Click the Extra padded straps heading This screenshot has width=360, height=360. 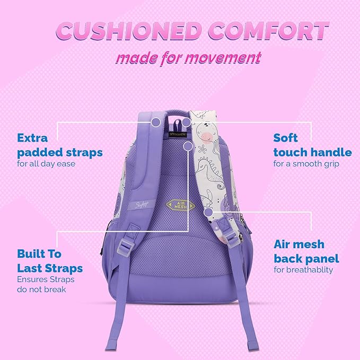point(59,145)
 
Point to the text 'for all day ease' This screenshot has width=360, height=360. point(46,164)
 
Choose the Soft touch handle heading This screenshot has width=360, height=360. point(312,145)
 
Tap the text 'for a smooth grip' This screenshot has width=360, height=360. point(306,164)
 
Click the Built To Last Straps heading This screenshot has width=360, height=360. point(50,260)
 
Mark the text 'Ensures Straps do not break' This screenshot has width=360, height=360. point(46,284)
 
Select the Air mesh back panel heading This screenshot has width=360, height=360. point(306,251)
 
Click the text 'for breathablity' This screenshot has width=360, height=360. point(303,270)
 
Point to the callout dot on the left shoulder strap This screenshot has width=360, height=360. point(156,122)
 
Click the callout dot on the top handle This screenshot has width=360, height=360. point(187,122)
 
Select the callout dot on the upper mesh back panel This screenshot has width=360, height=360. point(188,145)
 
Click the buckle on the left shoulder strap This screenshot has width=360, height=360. point(125,245)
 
